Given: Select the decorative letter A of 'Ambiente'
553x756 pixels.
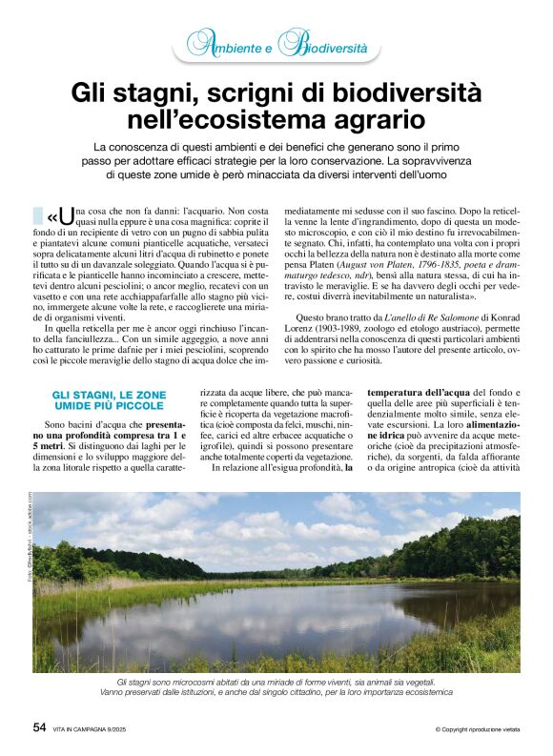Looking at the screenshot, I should [197, 44].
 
